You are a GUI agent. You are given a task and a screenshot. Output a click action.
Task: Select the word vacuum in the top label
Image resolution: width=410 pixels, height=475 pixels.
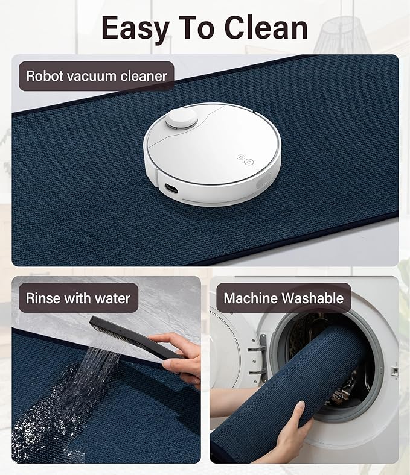point(101,77)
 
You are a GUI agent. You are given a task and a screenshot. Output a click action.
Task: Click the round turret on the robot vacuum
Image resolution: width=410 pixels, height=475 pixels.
point(182,118)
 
